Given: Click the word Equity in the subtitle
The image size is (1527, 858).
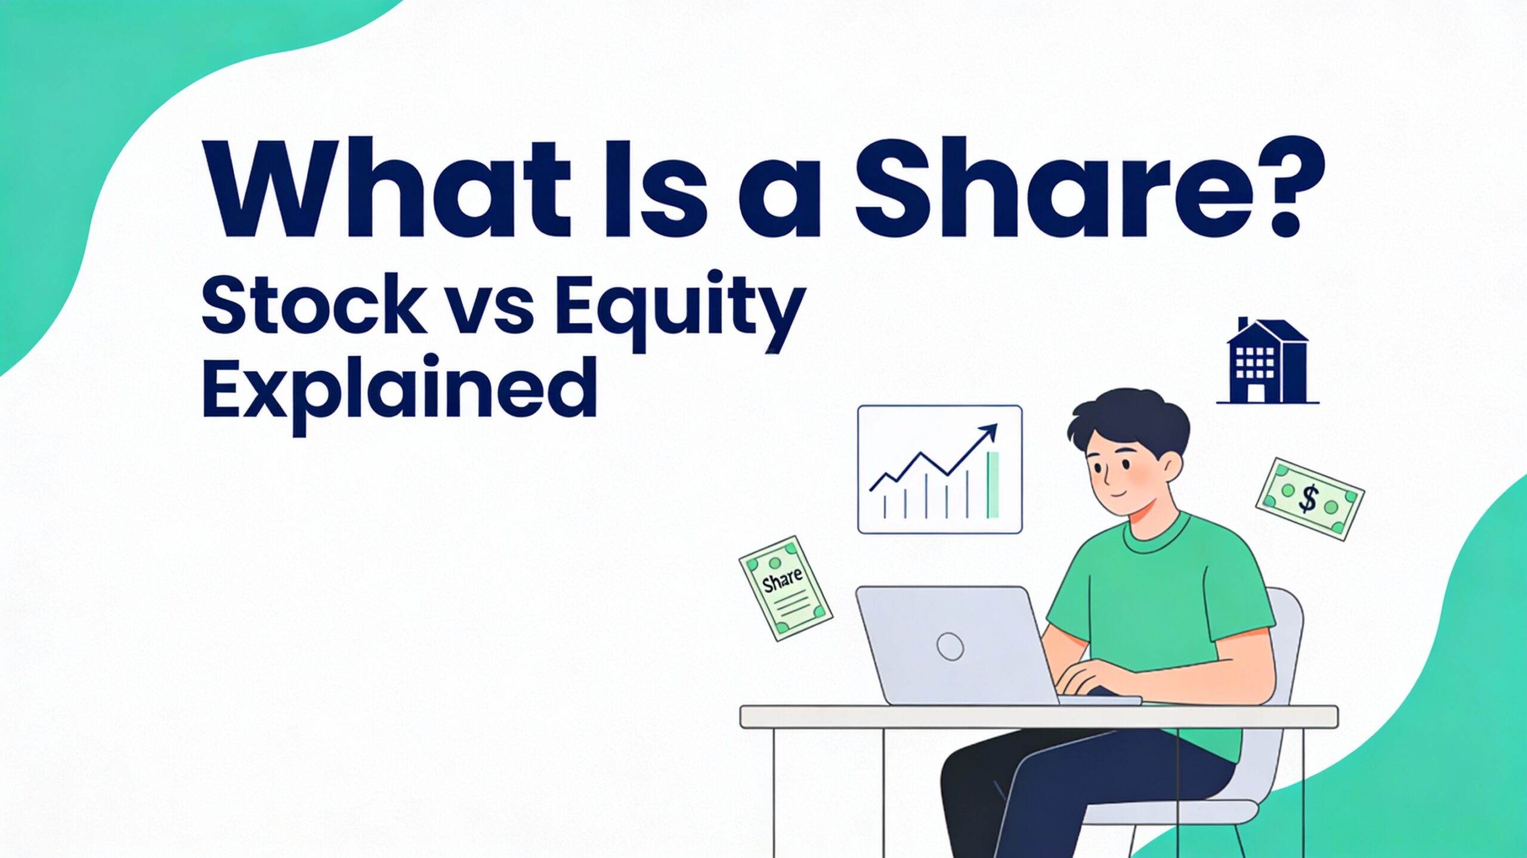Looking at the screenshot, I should [x=680, y=313].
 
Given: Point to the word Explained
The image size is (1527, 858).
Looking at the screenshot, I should [x=400, y=391].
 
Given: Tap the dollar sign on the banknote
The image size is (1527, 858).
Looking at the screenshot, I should [x=1307, y=499].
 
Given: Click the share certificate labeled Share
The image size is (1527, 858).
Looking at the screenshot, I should [x=785, y=588].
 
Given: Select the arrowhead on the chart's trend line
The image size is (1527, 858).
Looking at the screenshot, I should [x=991, y=431].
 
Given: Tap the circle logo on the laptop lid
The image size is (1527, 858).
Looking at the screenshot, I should [x=950, y=646].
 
